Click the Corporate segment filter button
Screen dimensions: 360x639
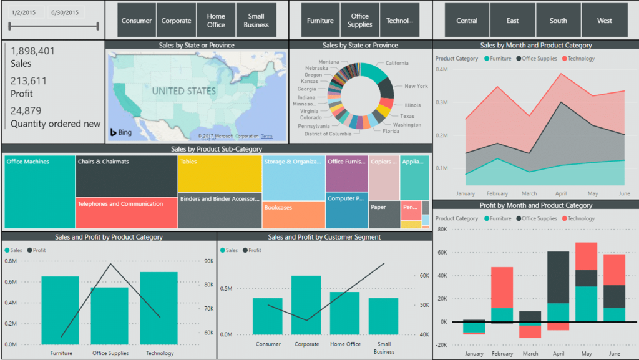click(176, 21)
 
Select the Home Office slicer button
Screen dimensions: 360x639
click(216, 21)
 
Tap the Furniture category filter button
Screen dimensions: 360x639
click(320, 21)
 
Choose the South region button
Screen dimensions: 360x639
click(558, 21)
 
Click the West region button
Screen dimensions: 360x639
click(604, 21)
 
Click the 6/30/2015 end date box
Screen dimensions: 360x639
click(65, 12)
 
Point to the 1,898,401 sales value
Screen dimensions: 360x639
click(33, 51)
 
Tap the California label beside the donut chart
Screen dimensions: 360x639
click(397, 63)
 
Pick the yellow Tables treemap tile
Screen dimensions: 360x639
click(219, 173)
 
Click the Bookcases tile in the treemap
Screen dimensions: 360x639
click(293, 215)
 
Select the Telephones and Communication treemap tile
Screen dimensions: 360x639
click(127, 213)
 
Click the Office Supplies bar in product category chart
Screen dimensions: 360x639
click(109, 316)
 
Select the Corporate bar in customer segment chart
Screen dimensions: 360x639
click(306, 305)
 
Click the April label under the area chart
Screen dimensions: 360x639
click(560, 193)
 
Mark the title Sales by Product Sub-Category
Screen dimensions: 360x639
click(217, 149)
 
